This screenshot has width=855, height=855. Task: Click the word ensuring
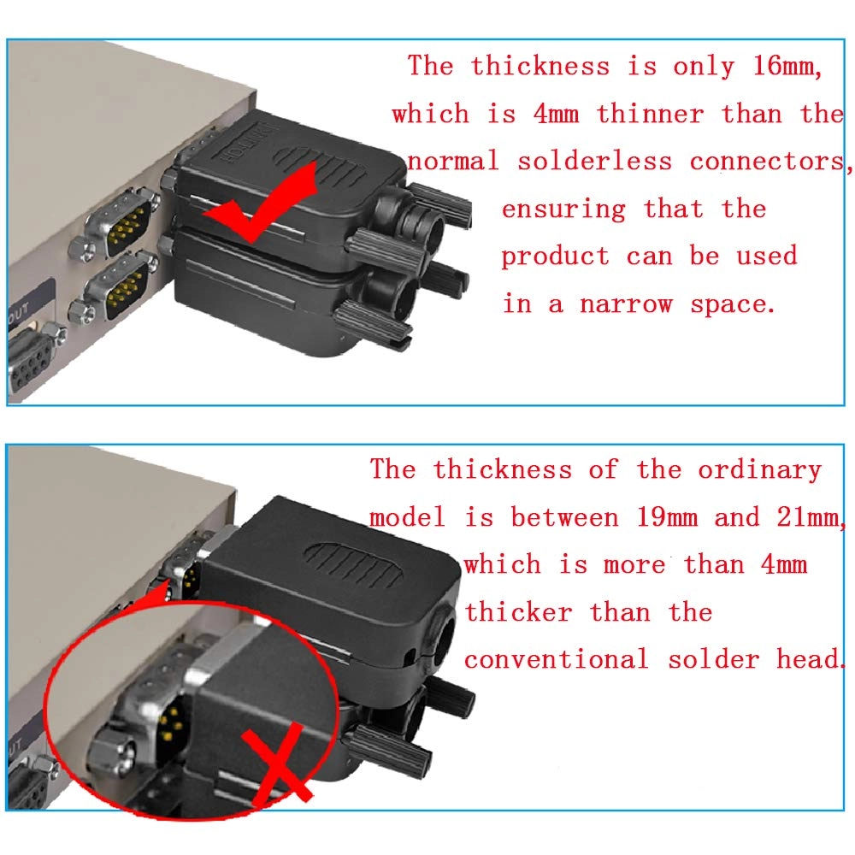coord(563,209)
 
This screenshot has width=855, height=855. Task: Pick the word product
coord(555,256)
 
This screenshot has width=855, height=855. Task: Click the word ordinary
coord(759,469)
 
